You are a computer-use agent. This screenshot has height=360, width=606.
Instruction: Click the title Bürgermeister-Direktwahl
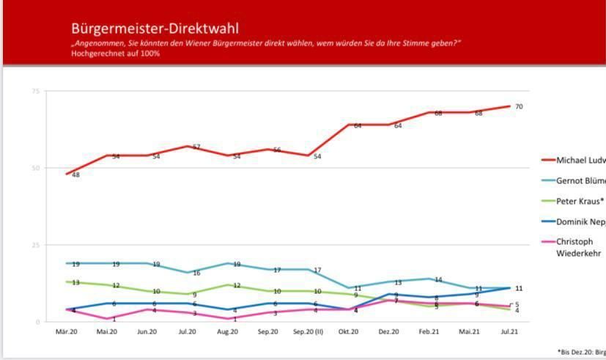pyautogui.click(x=155, y=29)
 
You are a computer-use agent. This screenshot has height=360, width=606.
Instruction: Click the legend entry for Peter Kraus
pyautogui.click(x=580, y=200)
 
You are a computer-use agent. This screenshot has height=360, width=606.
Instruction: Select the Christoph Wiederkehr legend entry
pyautogui.click(x=580, y=247)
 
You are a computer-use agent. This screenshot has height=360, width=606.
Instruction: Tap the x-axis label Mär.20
pyautogui.click(x=67, y=332)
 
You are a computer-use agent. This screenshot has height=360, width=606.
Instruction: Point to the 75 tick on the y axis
pyautogui.click(x=35, y=91)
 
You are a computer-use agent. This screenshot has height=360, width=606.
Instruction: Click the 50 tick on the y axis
pyautogui.click(x=35, y=168)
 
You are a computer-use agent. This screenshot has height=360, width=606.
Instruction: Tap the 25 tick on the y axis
pyautogui.click(x=35, y=245)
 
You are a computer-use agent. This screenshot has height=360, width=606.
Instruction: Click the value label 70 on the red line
pyautogui.click(x=519, y=107)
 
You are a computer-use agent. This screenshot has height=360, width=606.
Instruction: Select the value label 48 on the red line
pyautogui.click(x=75, y=175)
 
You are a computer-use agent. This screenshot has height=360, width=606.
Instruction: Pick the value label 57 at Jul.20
pyautogui.click(x=196, y=147)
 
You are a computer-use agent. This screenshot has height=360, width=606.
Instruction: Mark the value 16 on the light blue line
pyautogui.click(x=196, y=273)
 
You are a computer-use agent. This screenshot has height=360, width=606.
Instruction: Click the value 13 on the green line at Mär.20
pyautogui.click(x=75, y=282)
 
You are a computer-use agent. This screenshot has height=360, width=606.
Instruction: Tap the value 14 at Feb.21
pyautogui.click(x=438, y=279)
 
